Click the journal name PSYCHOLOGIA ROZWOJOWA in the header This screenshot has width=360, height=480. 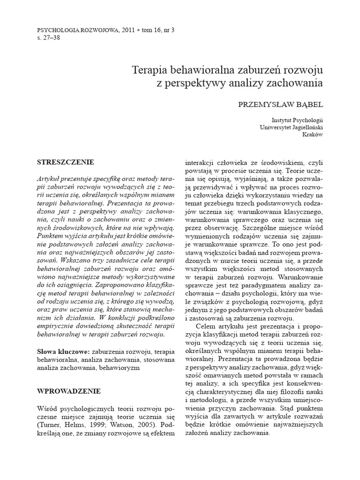79,29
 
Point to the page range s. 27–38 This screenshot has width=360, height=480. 49,37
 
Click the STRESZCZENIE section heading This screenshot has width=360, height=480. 65,162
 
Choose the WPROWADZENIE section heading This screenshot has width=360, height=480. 68,390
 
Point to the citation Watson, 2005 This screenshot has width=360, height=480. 129,425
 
